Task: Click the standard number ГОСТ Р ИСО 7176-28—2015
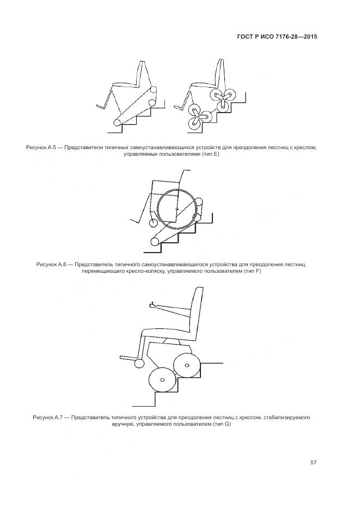point(277,36)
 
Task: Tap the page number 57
point(314,462)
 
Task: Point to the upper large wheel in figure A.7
point(186,365)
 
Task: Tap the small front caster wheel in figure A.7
point(139,363)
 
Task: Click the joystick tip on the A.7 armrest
point(153,303)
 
